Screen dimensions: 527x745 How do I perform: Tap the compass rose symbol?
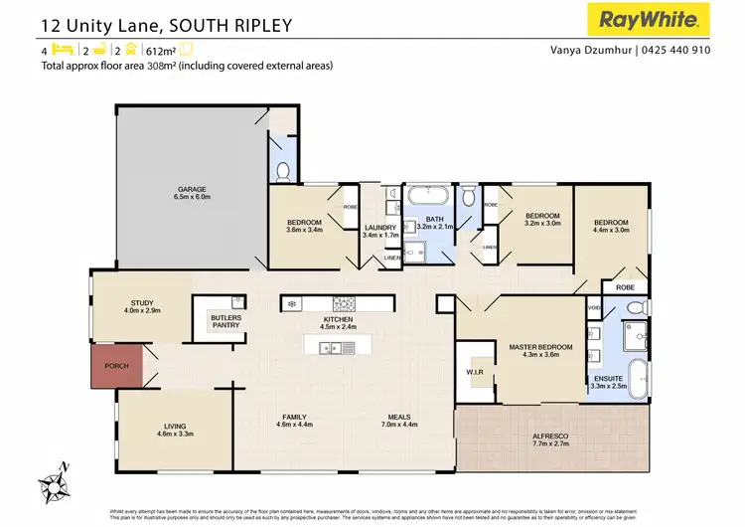pyautogui.click(x=58, y=482)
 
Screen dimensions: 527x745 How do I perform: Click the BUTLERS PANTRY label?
pyautogui.click(x=224, y=320)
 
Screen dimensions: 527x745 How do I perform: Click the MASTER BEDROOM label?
pyautogui.click(x=540, y=347)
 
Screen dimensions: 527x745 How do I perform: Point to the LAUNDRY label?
pyautogui.click(x=379, y=228)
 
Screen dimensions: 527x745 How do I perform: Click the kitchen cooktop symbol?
pyautogui.click(x=344, y=303)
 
